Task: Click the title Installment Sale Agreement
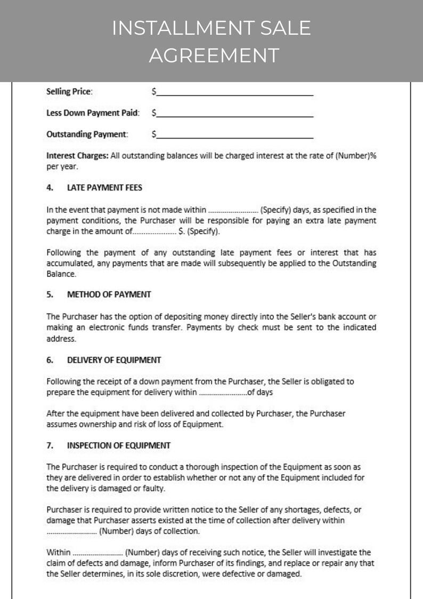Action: click(x=211, y=41)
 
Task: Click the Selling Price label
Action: click(x=70, y=92)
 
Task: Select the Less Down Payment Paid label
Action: click(x=93, y=113)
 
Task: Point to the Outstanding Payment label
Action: click(x=87, y=134)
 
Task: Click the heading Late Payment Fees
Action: click(x=104, y=188)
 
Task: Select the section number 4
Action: click(x=50, y=188)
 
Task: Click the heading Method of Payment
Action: click(x=109, y=294)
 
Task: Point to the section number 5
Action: click(x=50, y=294)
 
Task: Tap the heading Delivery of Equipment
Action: click(x=113, y=360)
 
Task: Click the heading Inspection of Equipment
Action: click(x=118, y=445)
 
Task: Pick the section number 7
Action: click(x=50, y=445)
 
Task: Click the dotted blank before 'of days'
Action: click(x=223, y=393)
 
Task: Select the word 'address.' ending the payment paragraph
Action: click(x=61, y=338)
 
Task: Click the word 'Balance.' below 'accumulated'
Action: click(x=61, y=274)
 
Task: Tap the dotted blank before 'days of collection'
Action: click(x=71, y=531)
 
